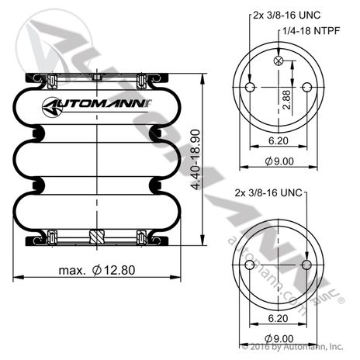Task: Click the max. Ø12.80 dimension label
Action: click(x=97, y=270)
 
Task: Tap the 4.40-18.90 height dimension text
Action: click(x=196, y=160)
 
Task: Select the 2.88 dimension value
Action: click(x=286, y=99)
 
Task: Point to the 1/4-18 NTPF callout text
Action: click(x=311, y=31)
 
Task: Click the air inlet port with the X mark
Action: click(x=279, y=61)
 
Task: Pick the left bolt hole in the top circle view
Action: click(x=250, y=87)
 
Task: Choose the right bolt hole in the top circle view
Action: click(x=307, y=87)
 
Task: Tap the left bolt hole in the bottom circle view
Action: click(x=250, y=265)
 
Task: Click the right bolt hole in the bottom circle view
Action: click(x=306, y=265)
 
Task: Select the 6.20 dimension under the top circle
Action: click(x=279, y=140)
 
